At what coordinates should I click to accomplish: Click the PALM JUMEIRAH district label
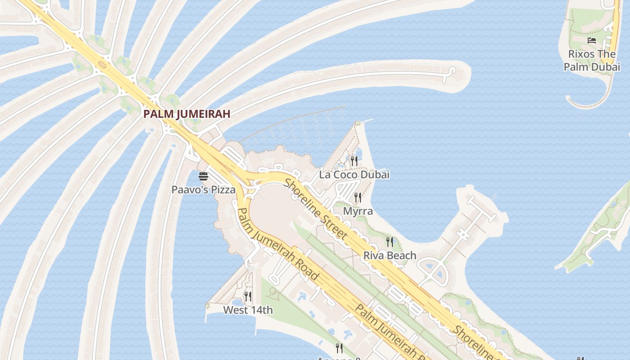pyautogui.click(x=187, y=114)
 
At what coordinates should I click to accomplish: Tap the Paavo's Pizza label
pyautogui.click(x=203, y=190)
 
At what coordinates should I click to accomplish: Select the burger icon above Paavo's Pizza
pyautogui.click(x=203, y=176)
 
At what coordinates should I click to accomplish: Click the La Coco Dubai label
pyautogui.click(x=354, y=175)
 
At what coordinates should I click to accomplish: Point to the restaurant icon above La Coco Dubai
pyautogui.click(x=354, y=161)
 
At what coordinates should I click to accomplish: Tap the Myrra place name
pyautogui.click(x=358, y=211)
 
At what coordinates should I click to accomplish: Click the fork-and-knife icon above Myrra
pyautogui.click(x=358, y=197)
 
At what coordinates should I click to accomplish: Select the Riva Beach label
pyautogui.click(x=390, y=256)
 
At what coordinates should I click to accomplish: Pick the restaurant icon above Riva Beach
pyautogui.click(x=390, y=242)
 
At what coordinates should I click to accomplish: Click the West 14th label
pyautogui.click(x=248, y=310)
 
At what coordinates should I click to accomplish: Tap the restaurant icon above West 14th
pyautogui.click(x=248, y=296)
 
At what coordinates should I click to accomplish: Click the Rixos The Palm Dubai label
pyautogui.click(x=592, y=60)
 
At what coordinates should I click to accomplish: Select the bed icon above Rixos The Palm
pyautogui.click(x=592, y=40)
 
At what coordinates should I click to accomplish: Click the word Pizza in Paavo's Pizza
pyautogui.click(x=223, y=190)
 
